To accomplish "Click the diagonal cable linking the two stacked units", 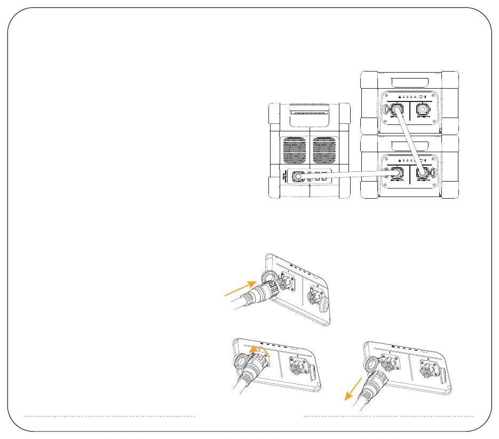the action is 410,141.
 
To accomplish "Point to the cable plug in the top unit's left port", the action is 397,111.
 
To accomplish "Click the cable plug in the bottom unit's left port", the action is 397,173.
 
